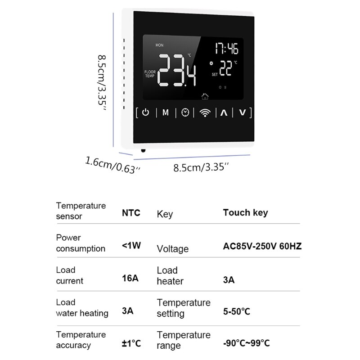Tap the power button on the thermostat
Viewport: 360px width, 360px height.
tap(145, 112)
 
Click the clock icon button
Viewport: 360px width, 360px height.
tap(185, 112)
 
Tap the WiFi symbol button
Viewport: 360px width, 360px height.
tap(205, 112)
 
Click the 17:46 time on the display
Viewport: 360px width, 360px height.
tap(226, 49)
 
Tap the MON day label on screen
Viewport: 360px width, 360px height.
tap(160, 45)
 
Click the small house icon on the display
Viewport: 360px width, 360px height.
tap(205, 96)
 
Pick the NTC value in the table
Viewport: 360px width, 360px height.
tap(131, 212)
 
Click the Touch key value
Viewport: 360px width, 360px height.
tap(245, 212)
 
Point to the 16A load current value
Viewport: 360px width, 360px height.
tap(130, 278)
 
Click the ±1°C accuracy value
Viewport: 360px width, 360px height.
tap(131, 343)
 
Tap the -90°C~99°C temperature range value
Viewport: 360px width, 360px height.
tap(247, 343)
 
